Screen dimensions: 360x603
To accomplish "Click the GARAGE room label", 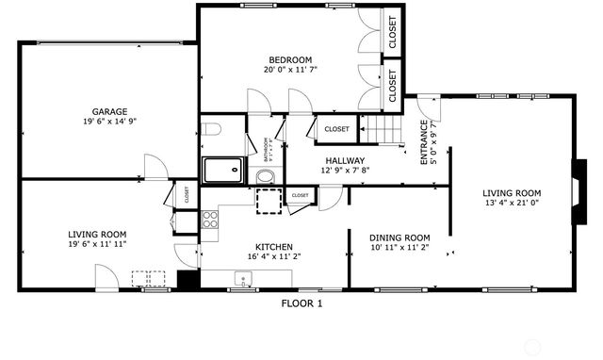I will pos(109,111).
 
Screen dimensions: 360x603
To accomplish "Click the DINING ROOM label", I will pos(399,237).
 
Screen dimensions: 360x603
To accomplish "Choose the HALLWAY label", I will pos(346,160).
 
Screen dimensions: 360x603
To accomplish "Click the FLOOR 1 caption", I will pos(301,303).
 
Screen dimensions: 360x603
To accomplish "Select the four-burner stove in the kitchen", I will pos(210,220).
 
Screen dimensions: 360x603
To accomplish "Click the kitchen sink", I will pos(243,278).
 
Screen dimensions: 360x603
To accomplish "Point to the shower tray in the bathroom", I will pos(223,170).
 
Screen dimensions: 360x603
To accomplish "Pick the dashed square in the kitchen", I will pos(269,202).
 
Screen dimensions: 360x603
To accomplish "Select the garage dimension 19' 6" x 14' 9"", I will pos(109,122).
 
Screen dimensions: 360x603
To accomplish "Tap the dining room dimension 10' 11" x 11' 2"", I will pos(399,248).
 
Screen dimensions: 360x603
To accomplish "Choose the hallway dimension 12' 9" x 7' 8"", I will pos(346,171).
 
